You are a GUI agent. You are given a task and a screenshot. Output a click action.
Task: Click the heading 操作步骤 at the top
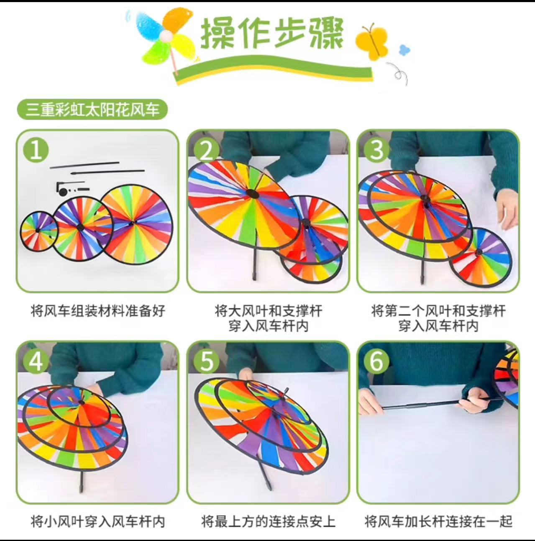pyautogui.click(x=272, y=33)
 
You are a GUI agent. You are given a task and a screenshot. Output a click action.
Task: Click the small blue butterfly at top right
pyautogui.click(x=404, y=49)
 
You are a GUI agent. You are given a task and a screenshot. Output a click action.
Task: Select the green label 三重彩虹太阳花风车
pyautogui.click(x=92, y=110)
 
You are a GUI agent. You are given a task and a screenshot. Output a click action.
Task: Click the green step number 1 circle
pyautogui.click(x=36, y=150)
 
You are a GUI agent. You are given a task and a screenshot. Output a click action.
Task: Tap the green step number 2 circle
pyautogui.click(x=206, y=150)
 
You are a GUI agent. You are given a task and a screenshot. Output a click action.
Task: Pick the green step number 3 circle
pyautogui.click(x=376, y=150)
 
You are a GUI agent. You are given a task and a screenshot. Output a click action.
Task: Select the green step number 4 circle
pyautogui.click(x=36, y=361)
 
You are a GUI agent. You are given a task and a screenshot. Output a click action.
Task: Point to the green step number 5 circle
pyautogui.click(x=206, y=361)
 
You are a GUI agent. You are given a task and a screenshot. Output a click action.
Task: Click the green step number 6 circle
pyautogui.click(x=376, y=361)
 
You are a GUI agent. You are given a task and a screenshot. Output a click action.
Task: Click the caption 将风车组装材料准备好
pyautogui.click(x=98, y=311)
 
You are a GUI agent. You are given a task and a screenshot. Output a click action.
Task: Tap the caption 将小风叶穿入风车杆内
pyautogui.click(x=98, y=521)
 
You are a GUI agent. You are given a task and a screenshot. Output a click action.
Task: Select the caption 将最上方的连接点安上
pyautogui.click(x=268, y=521)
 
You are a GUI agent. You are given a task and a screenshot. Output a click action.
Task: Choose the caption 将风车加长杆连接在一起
pyautogui.click(x=438, y=521)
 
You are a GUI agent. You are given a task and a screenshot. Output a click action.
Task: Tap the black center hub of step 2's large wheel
pyautogui.click(x=252, y=194)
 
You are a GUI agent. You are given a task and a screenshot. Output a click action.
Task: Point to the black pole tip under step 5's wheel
pyautogui.click(x=267, y=485)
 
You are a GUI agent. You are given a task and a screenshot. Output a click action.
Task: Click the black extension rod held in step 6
pyautogui.click(x=422, y=405)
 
